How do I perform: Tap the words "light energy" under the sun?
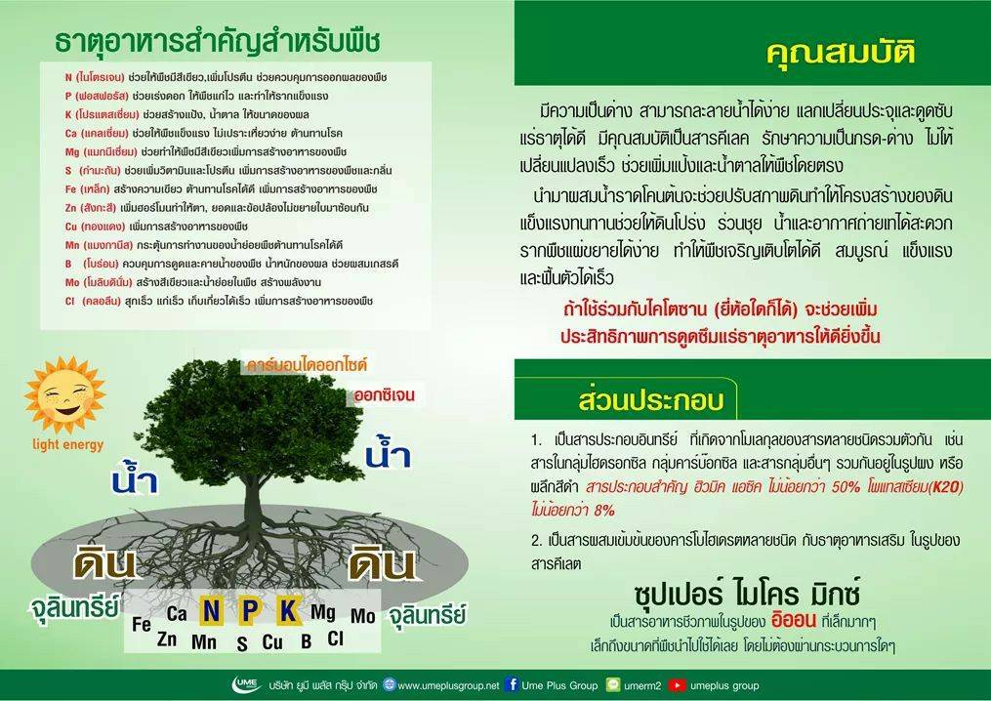coord(67,445)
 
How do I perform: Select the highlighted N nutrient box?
coord(211,610)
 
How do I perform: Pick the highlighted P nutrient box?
coord(250,610)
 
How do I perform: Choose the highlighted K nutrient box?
coord(288,610)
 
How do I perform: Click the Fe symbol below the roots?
coord(142,625)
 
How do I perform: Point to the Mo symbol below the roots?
coord(363,616)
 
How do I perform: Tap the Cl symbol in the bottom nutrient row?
coord(335,639)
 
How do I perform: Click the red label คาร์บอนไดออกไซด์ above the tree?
coord(307,365)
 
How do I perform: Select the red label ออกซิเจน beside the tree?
coord(385,395)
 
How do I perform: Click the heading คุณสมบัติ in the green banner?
coord(841,53)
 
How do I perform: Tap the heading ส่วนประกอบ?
coord(651,400)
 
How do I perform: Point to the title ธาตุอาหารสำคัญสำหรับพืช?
coord(218,41)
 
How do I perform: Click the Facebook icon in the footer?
coord(512,684)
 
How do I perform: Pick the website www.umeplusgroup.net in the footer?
coord(448,685)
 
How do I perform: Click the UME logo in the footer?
coord(247,684)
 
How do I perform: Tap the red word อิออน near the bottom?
coord(794,620)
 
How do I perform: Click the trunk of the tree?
coord(252,499)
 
